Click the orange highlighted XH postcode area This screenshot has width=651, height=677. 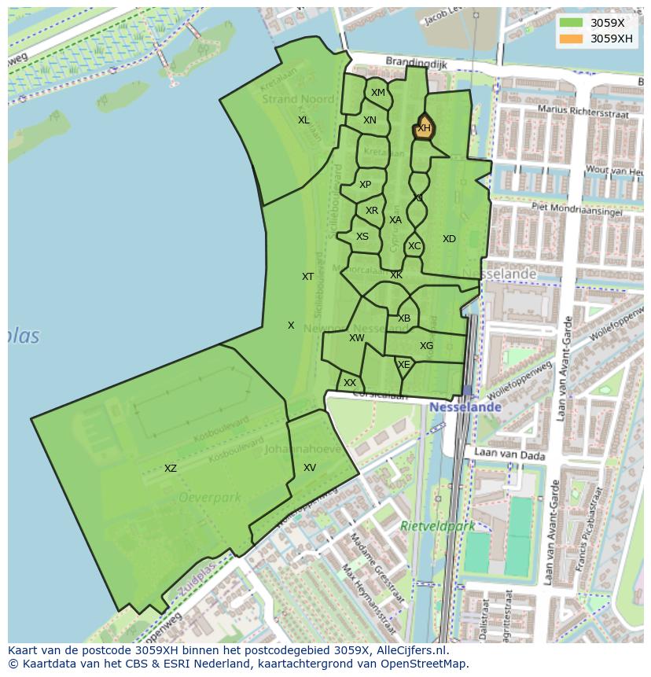424,128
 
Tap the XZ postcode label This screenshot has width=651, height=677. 171,469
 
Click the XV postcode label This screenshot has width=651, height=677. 310,468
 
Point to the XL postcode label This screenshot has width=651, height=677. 303,120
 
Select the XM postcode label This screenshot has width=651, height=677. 378,93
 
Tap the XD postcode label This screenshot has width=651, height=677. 449,239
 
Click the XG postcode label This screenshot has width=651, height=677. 426,346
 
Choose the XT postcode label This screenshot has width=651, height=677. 308,277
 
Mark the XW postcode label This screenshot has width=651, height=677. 357,338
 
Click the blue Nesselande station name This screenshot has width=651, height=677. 465,407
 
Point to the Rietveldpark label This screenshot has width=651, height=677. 438,526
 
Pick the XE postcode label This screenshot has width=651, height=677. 404,365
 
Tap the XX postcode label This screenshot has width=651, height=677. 350,383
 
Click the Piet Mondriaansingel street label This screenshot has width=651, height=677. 577,210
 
